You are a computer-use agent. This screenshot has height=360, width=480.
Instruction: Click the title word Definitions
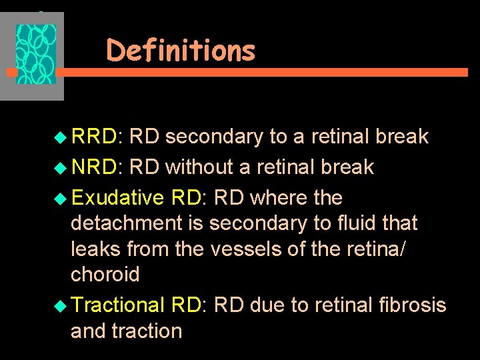coord(181,51)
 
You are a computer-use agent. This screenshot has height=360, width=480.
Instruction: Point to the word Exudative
coord(117,198)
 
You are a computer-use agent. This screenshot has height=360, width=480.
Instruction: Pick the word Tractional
coord(117,305)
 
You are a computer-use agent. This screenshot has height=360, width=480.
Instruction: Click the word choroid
coord(105,275)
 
